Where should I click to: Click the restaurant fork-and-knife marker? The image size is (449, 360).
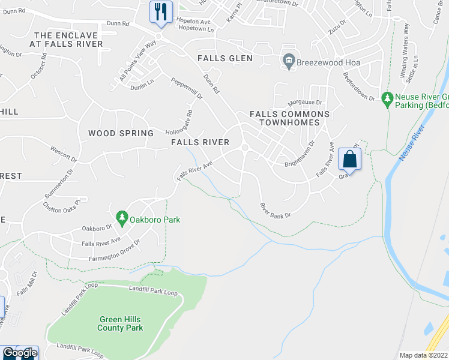coord(161,11)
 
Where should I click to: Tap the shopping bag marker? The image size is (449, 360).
coord(349,159)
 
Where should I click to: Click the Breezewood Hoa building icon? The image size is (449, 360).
coord(288,61)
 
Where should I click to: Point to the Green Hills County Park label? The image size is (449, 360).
coord(121,324)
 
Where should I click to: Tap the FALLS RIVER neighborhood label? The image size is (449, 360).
coord(200,142)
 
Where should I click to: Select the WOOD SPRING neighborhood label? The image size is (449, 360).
coord(118,133)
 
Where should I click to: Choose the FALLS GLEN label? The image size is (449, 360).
coord(225,59)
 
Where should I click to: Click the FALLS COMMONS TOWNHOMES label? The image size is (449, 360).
coord(290,118)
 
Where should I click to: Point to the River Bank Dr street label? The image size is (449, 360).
coord(275,211)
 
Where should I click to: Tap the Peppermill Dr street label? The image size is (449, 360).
coord(187,88)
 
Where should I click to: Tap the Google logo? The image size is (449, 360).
coord(19,353)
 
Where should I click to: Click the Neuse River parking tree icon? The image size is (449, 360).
coord(387,97)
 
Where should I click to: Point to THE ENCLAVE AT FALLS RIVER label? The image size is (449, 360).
coord(68,40)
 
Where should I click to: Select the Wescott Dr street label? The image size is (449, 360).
coord(64,154)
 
